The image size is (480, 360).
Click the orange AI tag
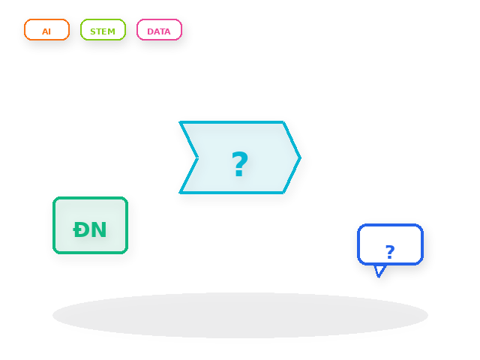(x=46, y=30)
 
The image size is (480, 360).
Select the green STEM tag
(x=103, y=30)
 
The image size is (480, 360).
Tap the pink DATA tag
(x=159, y=30)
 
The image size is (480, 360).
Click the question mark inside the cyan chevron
(x=240, y=164)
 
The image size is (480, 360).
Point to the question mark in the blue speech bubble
(x=390, y=252)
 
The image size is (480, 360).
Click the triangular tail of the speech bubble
(x=379, y=271)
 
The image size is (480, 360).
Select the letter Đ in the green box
(x=80, y=230)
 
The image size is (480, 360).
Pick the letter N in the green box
(x=98, y=230)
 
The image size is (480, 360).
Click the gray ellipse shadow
(x=240, y=315)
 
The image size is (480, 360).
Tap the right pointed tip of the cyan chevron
(x=300, y=158)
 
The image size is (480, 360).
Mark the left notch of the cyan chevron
(x=197, y=158)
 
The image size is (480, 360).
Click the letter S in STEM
(x=92, y=31)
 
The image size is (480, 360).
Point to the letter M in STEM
(x=111, y=31)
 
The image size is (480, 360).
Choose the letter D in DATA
(x=150, y=31)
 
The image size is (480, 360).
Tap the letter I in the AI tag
(x=49, y=31)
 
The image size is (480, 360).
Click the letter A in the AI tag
(x=45, y=31)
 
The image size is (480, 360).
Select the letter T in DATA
(x=161, y=31)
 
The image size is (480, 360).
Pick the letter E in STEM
(x=104, y=31)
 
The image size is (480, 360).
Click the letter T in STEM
(x=98, y=31)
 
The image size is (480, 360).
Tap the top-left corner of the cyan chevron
(x=180, y=122)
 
